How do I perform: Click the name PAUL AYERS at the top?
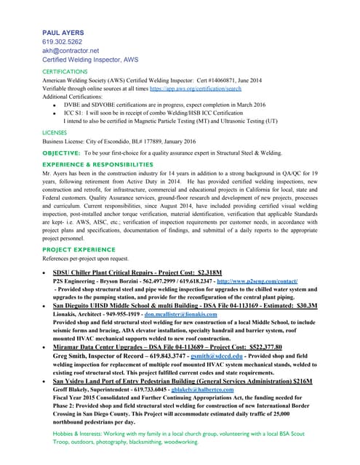63,32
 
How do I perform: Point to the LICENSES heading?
55,133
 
